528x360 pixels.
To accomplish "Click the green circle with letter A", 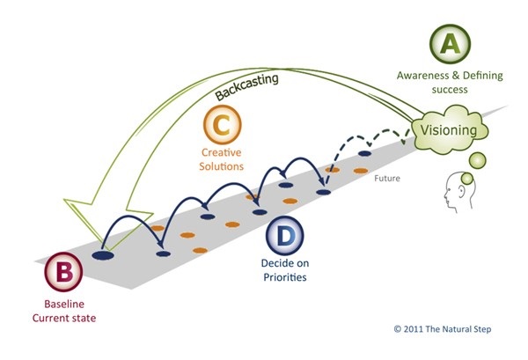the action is point(450,44).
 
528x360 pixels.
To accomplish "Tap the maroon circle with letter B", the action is point(64,271).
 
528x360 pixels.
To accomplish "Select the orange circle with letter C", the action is point(223,125).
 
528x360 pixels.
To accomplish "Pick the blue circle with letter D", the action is point(285,236).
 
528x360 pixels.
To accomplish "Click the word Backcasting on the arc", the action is point(246,86).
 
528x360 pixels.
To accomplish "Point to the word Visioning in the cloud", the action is point(449,130).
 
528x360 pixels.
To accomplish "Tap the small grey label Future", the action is point(387,178).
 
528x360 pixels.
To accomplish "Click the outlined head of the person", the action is point(459,192).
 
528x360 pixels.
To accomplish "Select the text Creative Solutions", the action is point(221,159).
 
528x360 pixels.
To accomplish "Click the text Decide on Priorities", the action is point(285,270).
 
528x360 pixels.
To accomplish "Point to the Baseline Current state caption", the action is point(64,312).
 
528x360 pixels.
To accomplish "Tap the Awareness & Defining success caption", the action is point(450,82).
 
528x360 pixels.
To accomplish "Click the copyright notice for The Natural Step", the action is point(443,329).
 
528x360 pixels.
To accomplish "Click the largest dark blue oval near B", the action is point(103,255).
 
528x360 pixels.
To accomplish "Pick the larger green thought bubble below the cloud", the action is point(477,160).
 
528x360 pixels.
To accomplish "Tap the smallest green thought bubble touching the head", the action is point(467,179).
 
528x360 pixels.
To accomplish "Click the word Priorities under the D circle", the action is point(285,277).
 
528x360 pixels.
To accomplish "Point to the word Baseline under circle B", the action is point(64,304).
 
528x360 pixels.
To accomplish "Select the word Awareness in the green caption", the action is point(422,76).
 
